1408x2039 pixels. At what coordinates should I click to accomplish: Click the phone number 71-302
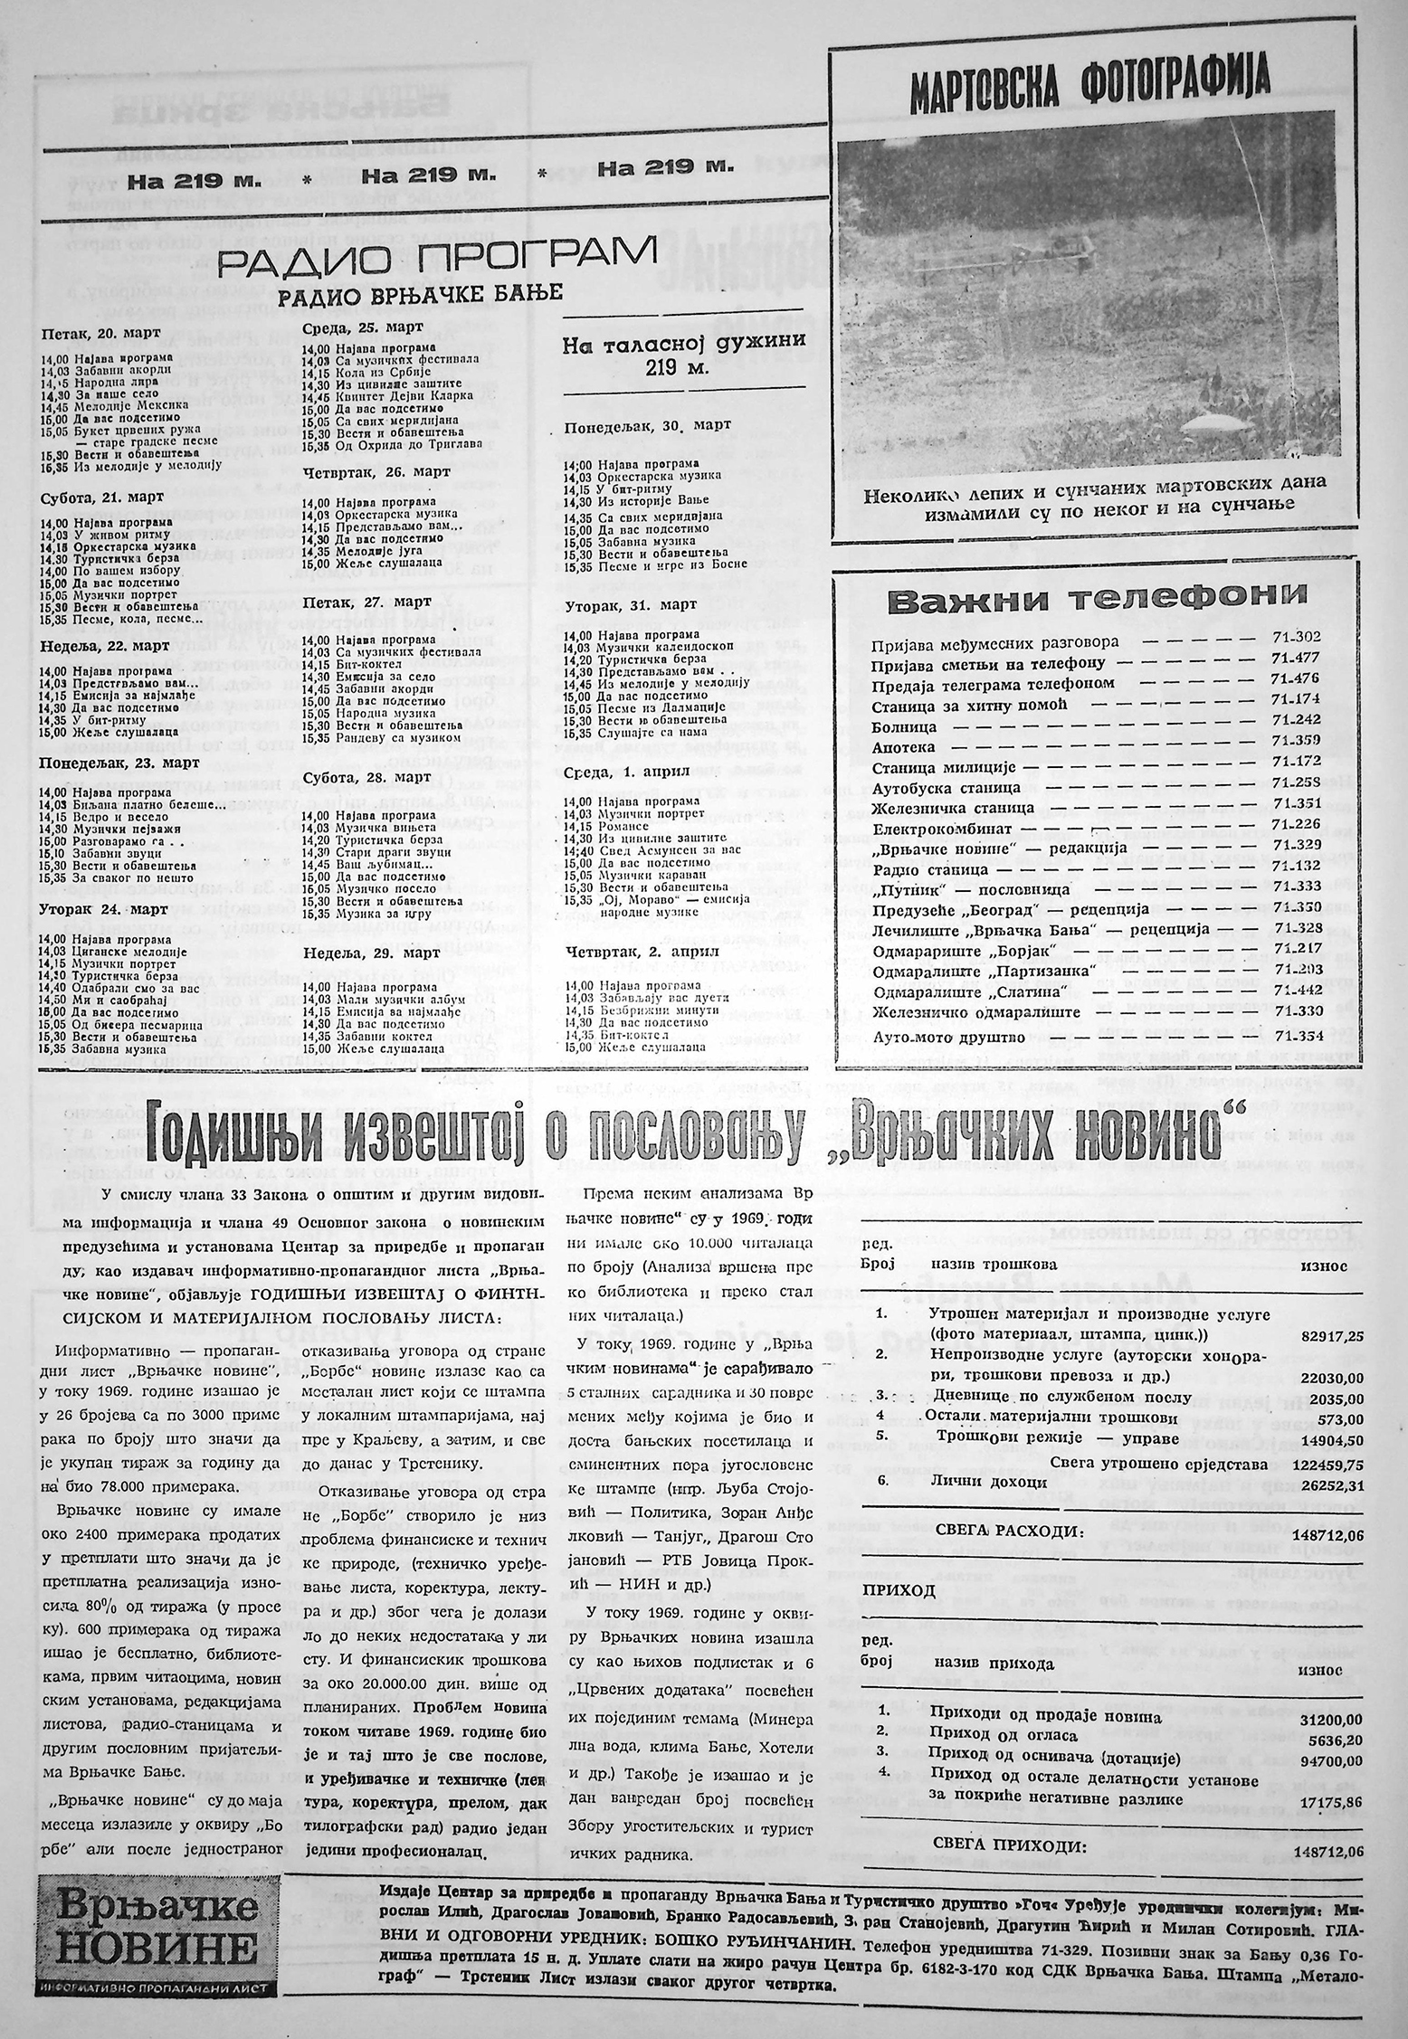pyautogui.click(x=1296, y=638)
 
